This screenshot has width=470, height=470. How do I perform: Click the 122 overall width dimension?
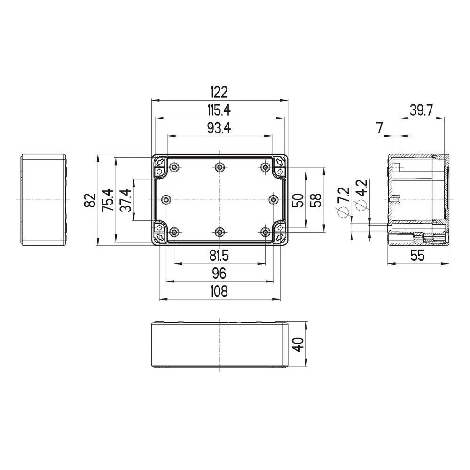[x=219, y=92]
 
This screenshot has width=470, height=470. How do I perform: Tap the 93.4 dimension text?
[x=219, y=128]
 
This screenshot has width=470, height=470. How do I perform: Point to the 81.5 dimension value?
[x=219, y=256]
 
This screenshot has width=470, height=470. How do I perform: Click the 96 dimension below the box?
[x=219, y=273]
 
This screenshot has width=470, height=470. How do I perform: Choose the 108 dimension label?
[x=219, y=291]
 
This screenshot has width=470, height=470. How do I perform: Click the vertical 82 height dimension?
[x=90, y=200]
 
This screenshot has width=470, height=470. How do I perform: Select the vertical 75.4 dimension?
[x=108, y=200]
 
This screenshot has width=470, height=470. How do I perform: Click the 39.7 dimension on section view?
[x=421, y=110]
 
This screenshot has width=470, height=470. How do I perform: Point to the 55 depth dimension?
[x=417, y=256]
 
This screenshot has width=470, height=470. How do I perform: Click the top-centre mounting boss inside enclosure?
[x=219, y=167]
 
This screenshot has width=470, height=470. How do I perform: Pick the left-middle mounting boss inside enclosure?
[x=165, y=200]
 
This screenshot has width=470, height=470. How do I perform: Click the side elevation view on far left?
[x=43, y=199]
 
